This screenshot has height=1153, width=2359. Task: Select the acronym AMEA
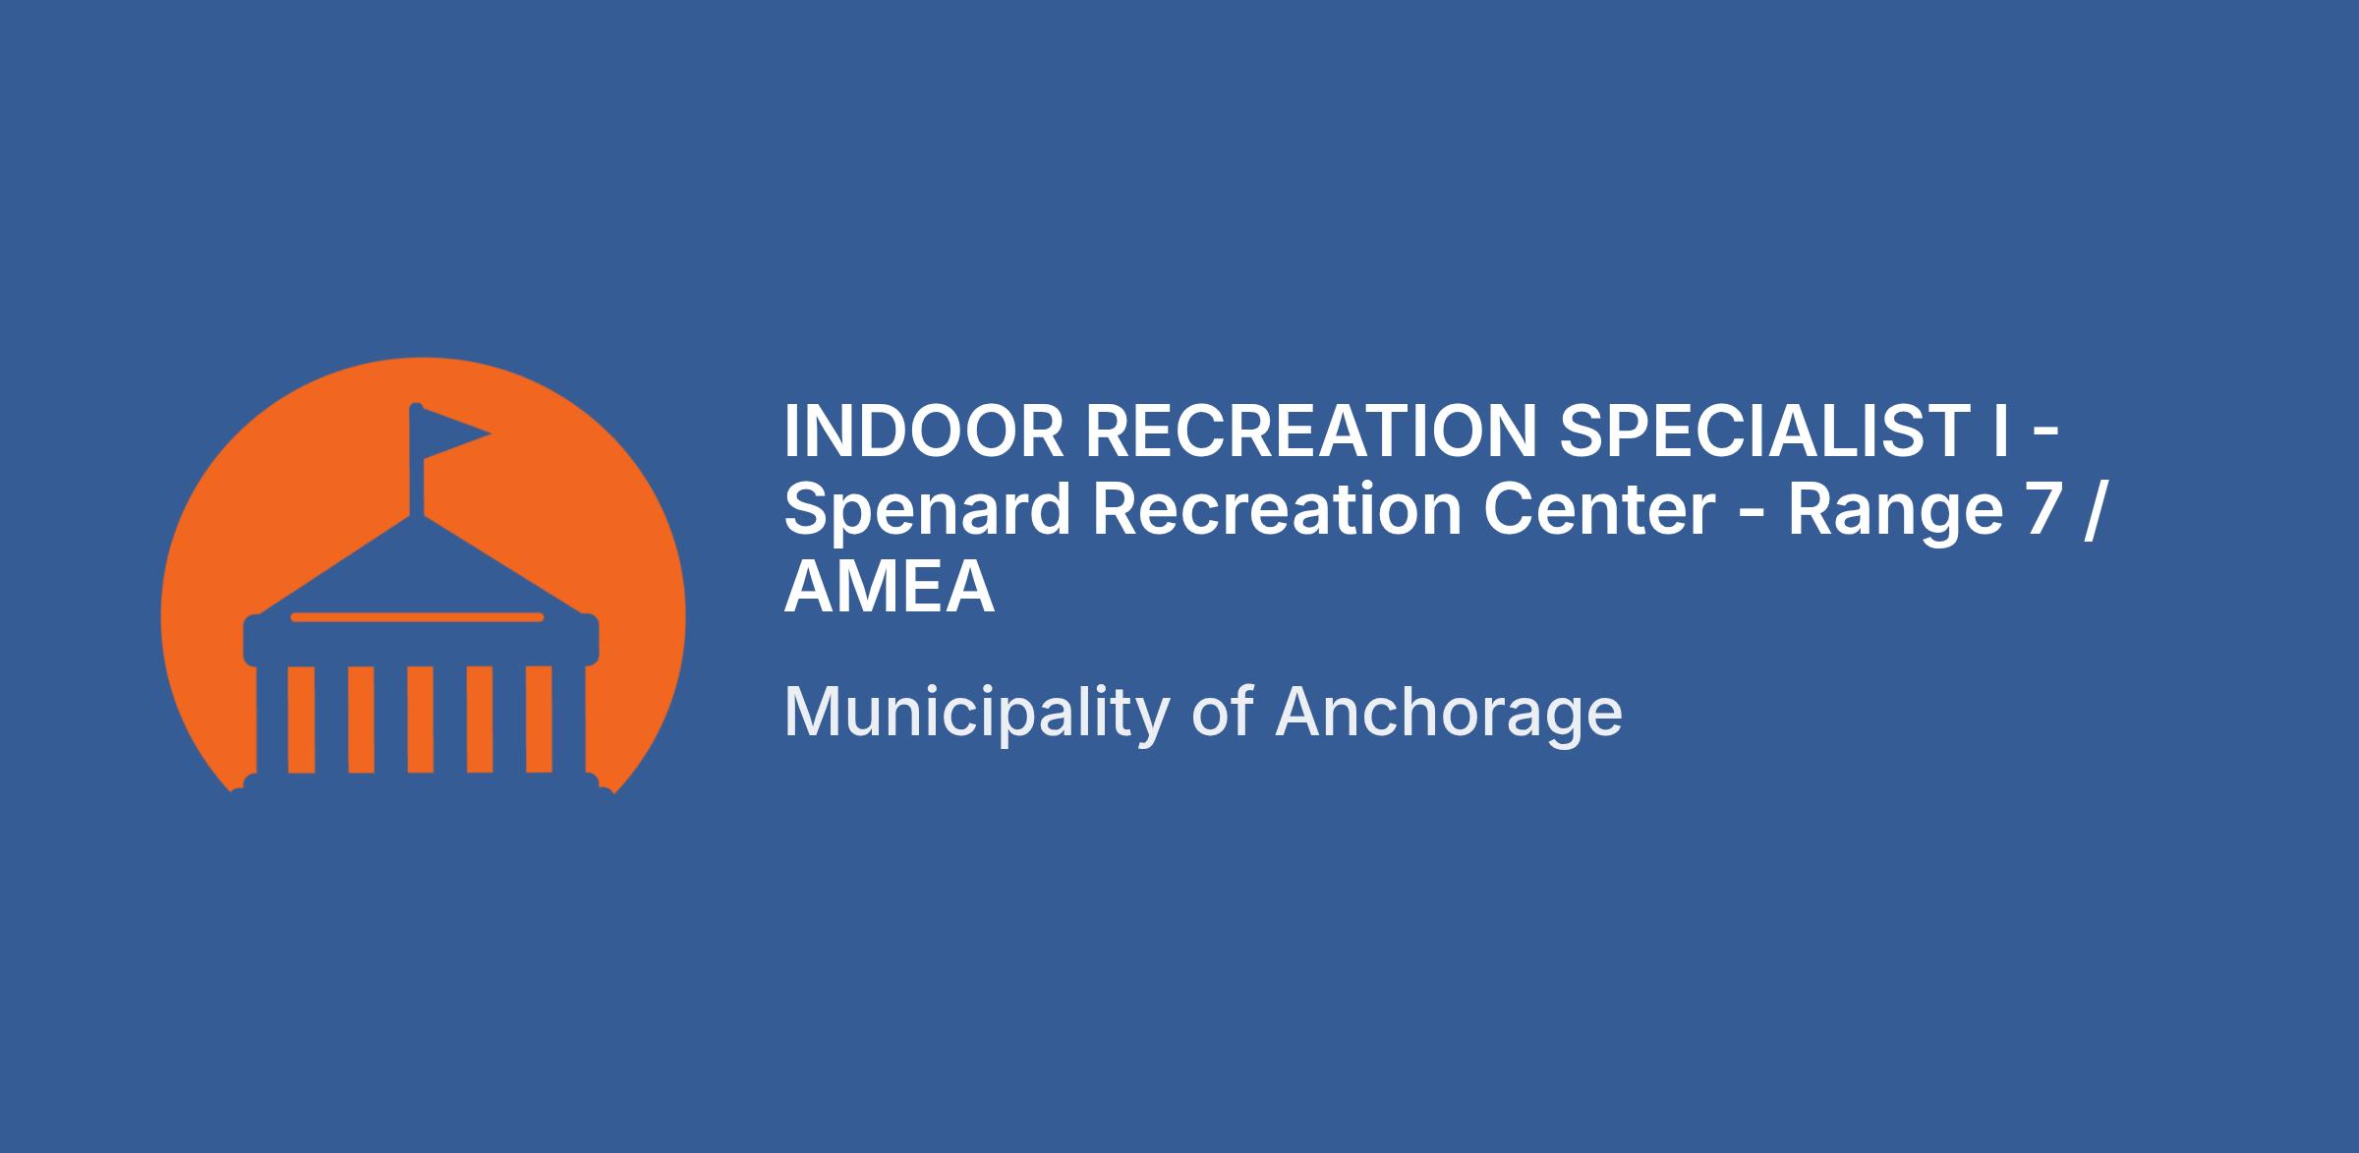[x=890, y=588]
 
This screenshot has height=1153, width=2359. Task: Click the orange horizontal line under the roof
[x=417, y=617]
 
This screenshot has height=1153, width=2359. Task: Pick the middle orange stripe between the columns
[x=421, y=720]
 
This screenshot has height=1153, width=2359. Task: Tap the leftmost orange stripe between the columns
[x=301, y=720]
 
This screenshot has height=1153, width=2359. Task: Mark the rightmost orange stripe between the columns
[x=540, y=720]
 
